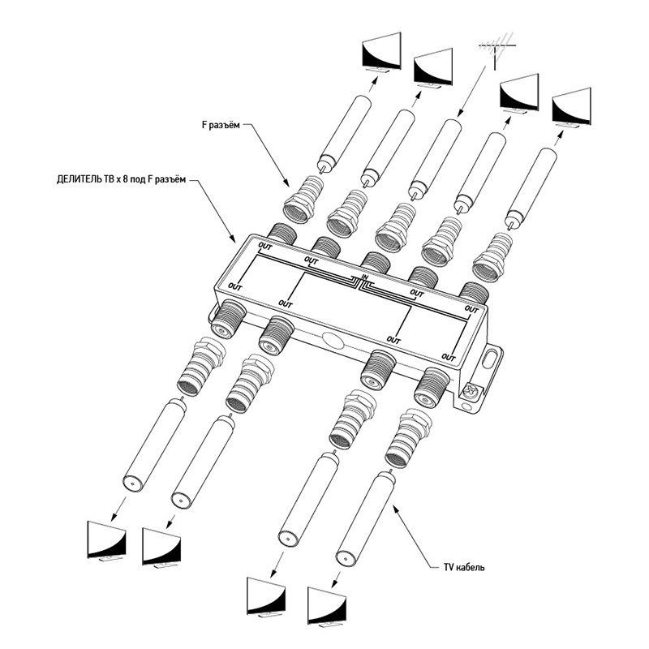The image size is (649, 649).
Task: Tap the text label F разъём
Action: [221, 125]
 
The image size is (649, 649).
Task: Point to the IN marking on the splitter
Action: [365, 278]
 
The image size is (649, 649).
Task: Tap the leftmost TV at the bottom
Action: [106, 540]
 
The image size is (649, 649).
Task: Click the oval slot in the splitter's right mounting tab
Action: [492, 359]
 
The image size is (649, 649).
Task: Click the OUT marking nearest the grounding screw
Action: [448, 355]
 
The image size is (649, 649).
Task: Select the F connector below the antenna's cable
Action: [393, 228]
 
